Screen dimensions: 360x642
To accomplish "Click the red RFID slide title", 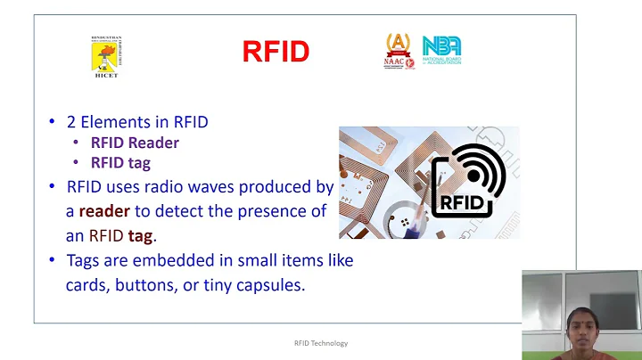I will point(276,53).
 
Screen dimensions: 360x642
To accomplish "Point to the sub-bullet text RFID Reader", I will point(135,143).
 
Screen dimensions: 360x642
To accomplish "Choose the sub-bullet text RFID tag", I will point(120,162).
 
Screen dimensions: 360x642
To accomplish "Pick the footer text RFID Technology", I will point(320,343).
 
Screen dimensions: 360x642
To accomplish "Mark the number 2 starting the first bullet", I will point(71,121).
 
